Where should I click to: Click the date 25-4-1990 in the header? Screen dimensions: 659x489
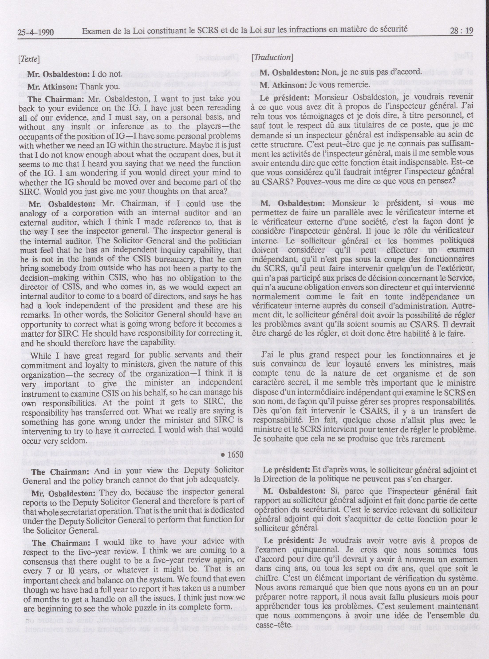tap(35, 32)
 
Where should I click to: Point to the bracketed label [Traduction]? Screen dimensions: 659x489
tap(272, 57)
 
